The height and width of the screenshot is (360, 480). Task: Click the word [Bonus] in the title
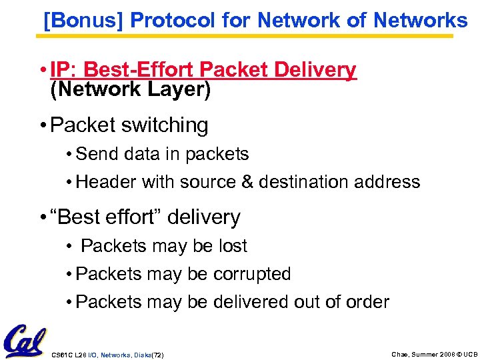(84, 21)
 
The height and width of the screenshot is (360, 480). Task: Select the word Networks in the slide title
(421, 21)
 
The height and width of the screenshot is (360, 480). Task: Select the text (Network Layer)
(131, 89)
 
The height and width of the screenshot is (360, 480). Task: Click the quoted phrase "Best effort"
(107, 217)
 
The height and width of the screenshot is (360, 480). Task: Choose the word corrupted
(253, 274)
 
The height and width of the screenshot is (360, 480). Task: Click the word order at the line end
(367, 302)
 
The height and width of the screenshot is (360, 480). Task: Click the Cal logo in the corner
(25, 341)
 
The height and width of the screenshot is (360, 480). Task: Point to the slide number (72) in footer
(157, 355)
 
